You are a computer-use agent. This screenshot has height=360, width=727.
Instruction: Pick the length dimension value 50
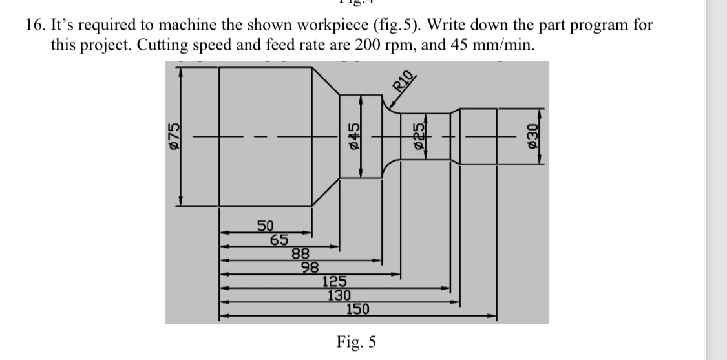pyautogui.click(x=266, y=226)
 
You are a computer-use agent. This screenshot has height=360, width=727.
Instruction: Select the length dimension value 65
pyautogui.click(x=279, y=240)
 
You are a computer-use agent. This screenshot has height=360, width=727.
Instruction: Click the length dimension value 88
pyautogui.click(x=300, y=254)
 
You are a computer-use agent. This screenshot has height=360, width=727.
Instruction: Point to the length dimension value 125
pyautogui.click(x=335, y=281)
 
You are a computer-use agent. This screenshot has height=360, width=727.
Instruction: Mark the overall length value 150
pyautogui.click(x=357, y=309)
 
